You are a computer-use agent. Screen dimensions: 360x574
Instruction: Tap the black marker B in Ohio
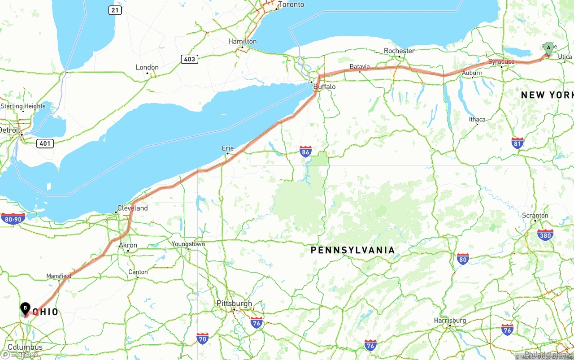tap(26, 308)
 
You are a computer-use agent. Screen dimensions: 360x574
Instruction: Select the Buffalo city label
tap(324, 87)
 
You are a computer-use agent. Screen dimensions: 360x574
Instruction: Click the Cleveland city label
tap(132, 208)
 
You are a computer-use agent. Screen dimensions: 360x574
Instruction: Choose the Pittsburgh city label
tap(234, 304)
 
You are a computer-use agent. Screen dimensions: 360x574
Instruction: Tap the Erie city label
tap(228, 148)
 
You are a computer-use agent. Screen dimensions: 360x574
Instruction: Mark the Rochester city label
tap(399, 51)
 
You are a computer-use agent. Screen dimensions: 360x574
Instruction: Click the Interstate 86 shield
tap(306, 152)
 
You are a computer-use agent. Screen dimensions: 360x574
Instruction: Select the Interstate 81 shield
tap(517, 143)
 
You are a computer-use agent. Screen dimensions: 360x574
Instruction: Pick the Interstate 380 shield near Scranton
tap(545, 235)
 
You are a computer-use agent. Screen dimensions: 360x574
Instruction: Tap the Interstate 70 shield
tap(202, 338)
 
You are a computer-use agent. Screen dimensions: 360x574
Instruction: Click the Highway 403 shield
tap(190, 59)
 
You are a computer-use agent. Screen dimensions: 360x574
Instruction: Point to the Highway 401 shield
tap(45, 143)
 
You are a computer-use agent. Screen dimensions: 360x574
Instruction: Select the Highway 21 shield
tap(115, 10)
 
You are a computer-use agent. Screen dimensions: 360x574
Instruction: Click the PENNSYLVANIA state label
tap(352, 250)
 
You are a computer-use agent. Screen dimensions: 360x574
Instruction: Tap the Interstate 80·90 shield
tap(13, 219)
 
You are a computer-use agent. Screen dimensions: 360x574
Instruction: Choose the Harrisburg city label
tap(450, 321)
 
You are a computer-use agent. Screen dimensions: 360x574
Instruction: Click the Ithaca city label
tap(477, 119)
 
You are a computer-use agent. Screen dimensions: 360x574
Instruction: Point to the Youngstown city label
tap(188, 244)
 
